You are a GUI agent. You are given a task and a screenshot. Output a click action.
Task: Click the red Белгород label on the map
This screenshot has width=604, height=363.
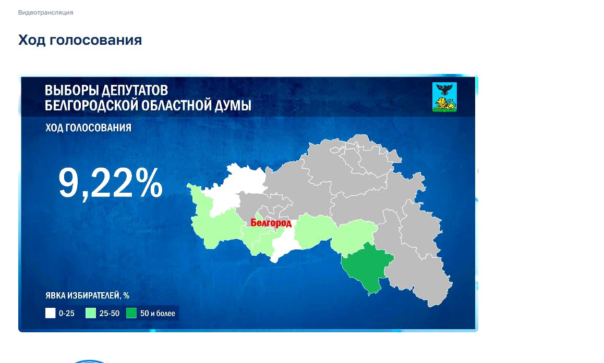[271, 223]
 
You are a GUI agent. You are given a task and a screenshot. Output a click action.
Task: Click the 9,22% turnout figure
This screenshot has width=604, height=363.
[110, 183]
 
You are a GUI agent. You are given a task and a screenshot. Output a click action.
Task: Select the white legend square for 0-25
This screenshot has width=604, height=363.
[51, 313]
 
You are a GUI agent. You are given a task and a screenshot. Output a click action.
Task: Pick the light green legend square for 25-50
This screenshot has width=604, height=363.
[91, 313]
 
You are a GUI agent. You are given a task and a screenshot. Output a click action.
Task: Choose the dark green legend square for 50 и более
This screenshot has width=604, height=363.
[131, 313]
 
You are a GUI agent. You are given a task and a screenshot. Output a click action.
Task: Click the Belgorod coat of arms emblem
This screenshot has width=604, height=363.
[444, 97]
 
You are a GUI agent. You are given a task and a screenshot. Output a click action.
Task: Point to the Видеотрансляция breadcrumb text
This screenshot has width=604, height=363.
[45, 12]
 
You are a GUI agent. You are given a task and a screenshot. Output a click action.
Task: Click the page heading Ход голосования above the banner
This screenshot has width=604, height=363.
[80, 40]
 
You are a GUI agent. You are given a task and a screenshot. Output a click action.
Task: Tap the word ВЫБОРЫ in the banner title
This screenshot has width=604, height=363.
[71, 91]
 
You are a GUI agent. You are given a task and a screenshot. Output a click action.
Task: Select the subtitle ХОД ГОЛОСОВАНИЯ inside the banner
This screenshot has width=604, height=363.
[88, 128]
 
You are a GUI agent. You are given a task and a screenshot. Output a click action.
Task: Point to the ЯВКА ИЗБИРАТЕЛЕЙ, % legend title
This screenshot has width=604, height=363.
[88, 296]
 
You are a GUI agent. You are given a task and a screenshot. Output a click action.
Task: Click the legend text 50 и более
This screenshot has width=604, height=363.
[158, 314]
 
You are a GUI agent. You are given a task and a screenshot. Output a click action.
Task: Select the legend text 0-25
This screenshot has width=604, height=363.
[67, 314]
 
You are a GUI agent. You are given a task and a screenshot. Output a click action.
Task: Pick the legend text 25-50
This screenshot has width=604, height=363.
[110, 314]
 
